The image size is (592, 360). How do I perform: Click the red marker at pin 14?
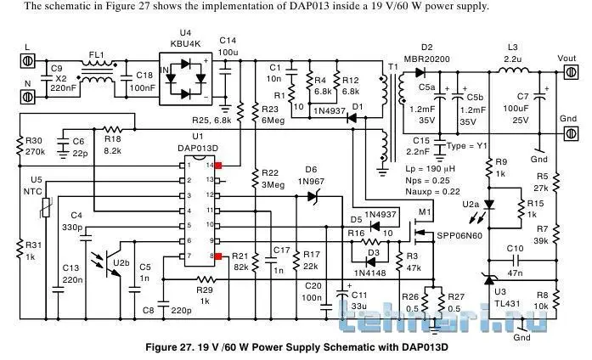coord(218,166)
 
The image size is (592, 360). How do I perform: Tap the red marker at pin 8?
coord(218,255)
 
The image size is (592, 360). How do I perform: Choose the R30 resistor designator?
coord(34,141)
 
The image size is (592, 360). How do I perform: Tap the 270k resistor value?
coord(35,152)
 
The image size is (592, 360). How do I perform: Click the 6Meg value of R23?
coord(271,121)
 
